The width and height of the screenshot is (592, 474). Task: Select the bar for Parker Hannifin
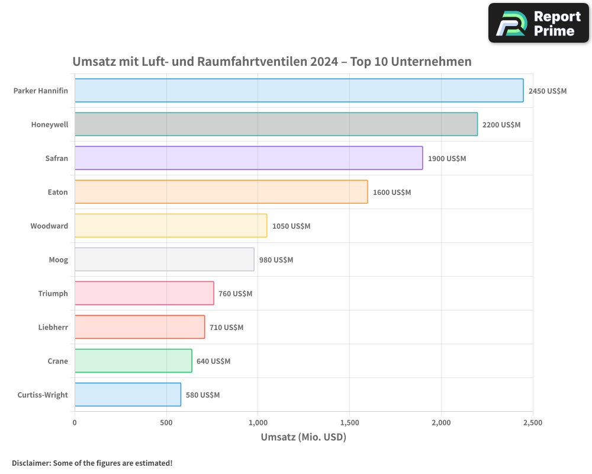[x=299, y=91]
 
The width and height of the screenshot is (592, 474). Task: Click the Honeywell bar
[x=276, y=124]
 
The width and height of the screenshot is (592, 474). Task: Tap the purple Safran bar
[x=249, y=158]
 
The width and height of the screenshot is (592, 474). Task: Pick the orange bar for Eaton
[x=221, y=192]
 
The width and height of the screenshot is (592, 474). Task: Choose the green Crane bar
[x=133, y=361]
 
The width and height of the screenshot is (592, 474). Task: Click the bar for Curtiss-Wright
[x=128, y=395]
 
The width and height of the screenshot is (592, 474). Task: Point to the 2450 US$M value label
[x=548, y=91]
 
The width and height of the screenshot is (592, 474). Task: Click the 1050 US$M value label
[x=291, y=226]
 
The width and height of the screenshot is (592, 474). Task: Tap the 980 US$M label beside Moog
[x=276, y=260]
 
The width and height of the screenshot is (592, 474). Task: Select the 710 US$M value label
[x=226, y=328]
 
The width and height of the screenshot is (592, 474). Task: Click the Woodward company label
[x=49, y=226]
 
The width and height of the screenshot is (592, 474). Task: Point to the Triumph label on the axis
[x=53, y=293]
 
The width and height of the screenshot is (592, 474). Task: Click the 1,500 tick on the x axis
[x=349, y=423]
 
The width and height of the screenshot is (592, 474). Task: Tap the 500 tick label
[x=166, y=423]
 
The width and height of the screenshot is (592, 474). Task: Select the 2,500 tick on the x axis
[x=532, y=423]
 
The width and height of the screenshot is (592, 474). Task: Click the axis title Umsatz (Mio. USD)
[x=303, y=437]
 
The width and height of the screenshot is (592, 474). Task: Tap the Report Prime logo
[x=539, y=23]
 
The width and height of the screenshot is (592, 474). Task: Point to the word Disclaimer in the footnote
[x=31, y=463]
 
